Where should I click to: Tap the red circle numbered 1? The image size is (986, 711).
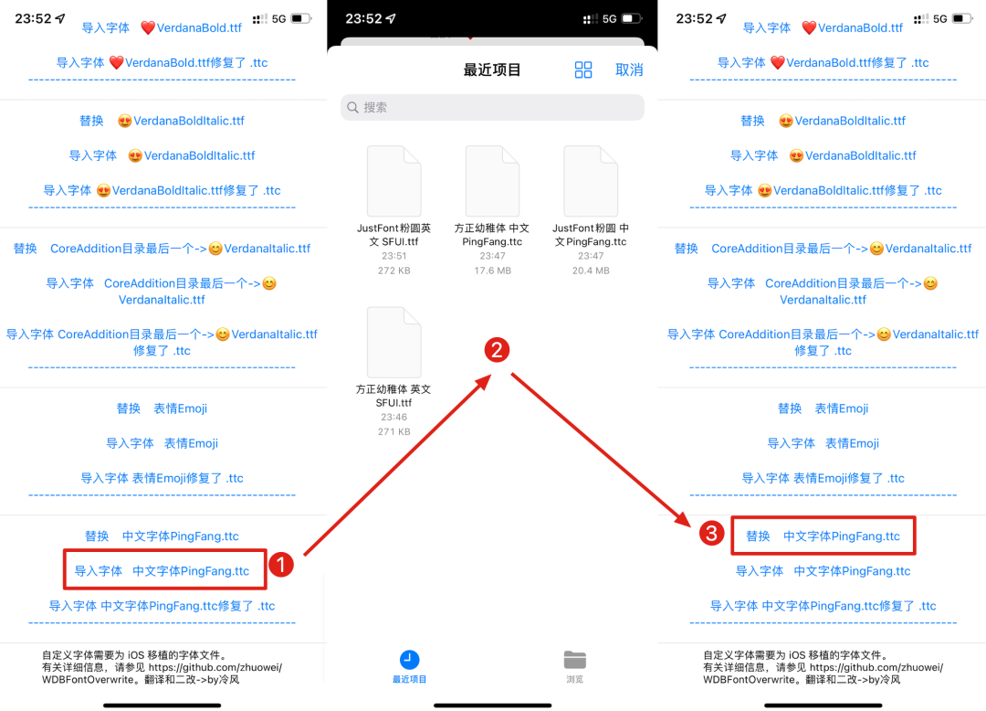(282, 566)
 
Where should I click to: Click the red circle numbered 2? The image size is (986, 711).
(496, 350)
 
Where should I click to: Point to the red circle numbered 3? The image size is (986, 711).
(711, 534)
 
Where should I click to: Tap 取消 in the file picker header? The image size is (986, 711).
(629, 70)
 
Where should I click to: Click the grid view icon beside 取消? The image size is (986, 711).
(583, 70)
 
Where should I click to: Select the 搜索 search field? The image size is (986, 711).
(492, 107)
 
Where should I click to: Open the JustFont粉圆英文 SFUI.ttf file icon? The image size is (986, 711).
(393, 181)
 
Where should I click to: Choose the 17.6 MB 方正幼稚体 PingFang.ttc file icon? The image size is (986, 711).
(492, 181)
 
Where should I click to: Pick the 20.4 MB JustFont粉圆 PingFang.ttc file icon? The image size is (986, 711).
(591, 181)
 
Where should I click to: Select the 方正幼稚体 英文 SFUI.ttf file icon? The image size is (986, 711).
(393, 342)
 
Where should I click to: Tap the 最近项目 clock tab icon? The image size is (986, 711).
(410, 660)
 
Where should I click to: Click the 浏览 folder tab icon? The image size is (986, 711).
(574, 660)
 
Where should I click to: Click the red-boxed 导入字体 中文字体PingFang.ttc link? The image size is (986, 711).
(163, 571)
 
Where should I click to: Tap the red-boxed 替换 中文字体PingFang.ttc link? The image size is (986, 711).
(823, 536)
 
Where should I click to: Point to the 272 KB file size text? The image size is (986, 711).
(393, 271)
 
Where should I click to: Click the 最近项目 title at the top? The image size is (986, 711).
(492, 70)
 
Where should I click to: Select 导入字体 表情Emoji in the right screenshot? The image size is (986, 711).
(823, 443)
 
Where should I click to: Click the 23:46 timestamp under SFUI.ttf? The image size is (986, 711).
(393, 417)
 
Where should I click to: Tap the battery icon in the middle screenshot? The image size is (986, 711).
(632, 18)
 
